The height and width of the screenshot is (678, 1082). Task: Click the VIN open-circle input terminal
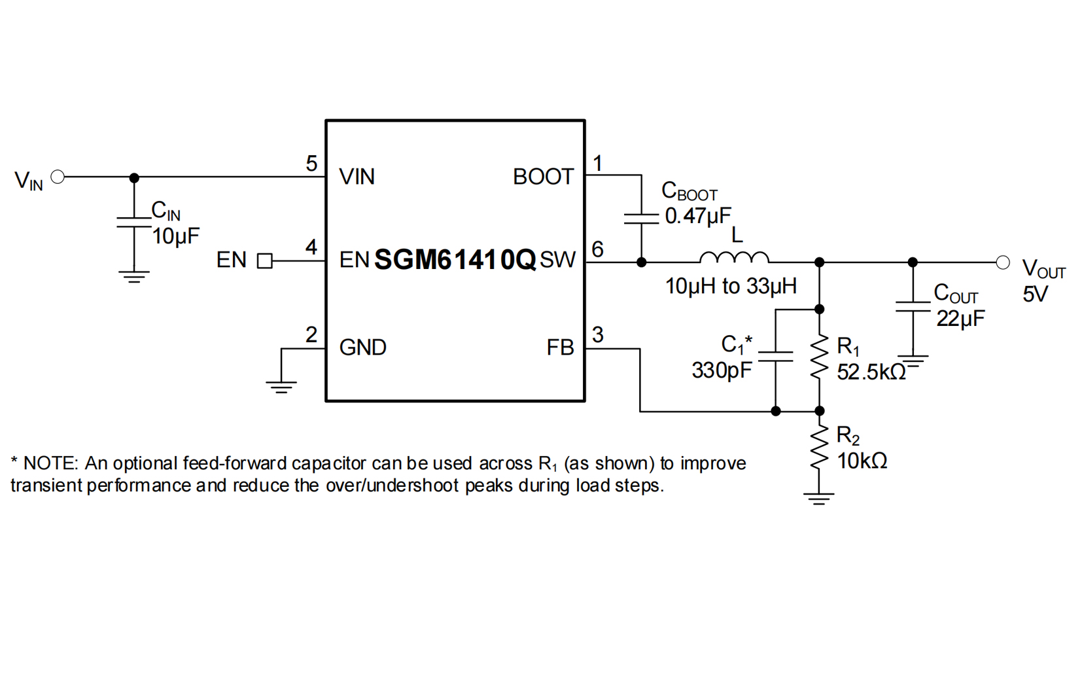(58, 177)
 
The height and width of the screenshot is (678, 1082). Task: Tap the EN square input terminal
(264, 261)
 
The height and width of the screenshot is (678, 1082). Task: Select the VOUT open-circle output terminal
(1002, 262)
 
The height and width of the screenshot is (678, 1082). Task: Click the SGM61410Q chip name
(455, 260)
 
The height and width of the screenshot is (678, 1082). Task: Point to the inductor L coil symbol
(734, 257)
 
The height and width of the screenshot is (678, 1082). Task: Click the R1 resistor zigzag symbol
(819, 358)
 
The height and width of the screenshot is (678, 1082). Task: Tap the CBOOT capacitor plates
(641, 219)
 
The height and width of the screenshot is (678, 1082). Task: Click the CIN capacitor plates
(134, 223)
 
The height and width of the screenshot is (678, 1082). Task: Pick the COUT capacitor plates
(913, 306)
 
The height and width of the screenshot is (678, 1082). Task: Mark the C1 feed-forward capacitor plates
(775, 356)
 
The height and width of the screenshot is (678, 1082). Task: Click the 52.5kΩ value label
(871, 372)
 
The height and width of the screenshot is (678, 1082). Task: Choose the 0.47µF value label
(698, 216)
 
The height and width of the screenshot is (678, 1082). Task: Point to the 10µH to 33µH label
(731, 286)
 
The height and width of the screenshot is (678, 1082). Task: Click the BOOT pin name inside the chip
(543, 177)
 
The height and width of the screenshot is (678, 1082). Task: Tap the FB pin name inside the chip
(560, 348)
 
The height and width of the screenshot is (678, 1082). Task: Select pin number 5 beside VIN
(311, 164)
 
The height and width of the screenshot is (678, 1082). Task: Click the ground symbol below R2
(819, 498)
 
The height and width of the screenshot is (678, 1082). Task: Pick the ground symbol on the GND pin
(281, 386)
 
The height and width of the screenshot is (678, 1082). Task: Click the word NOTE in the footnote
(50, 463)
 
